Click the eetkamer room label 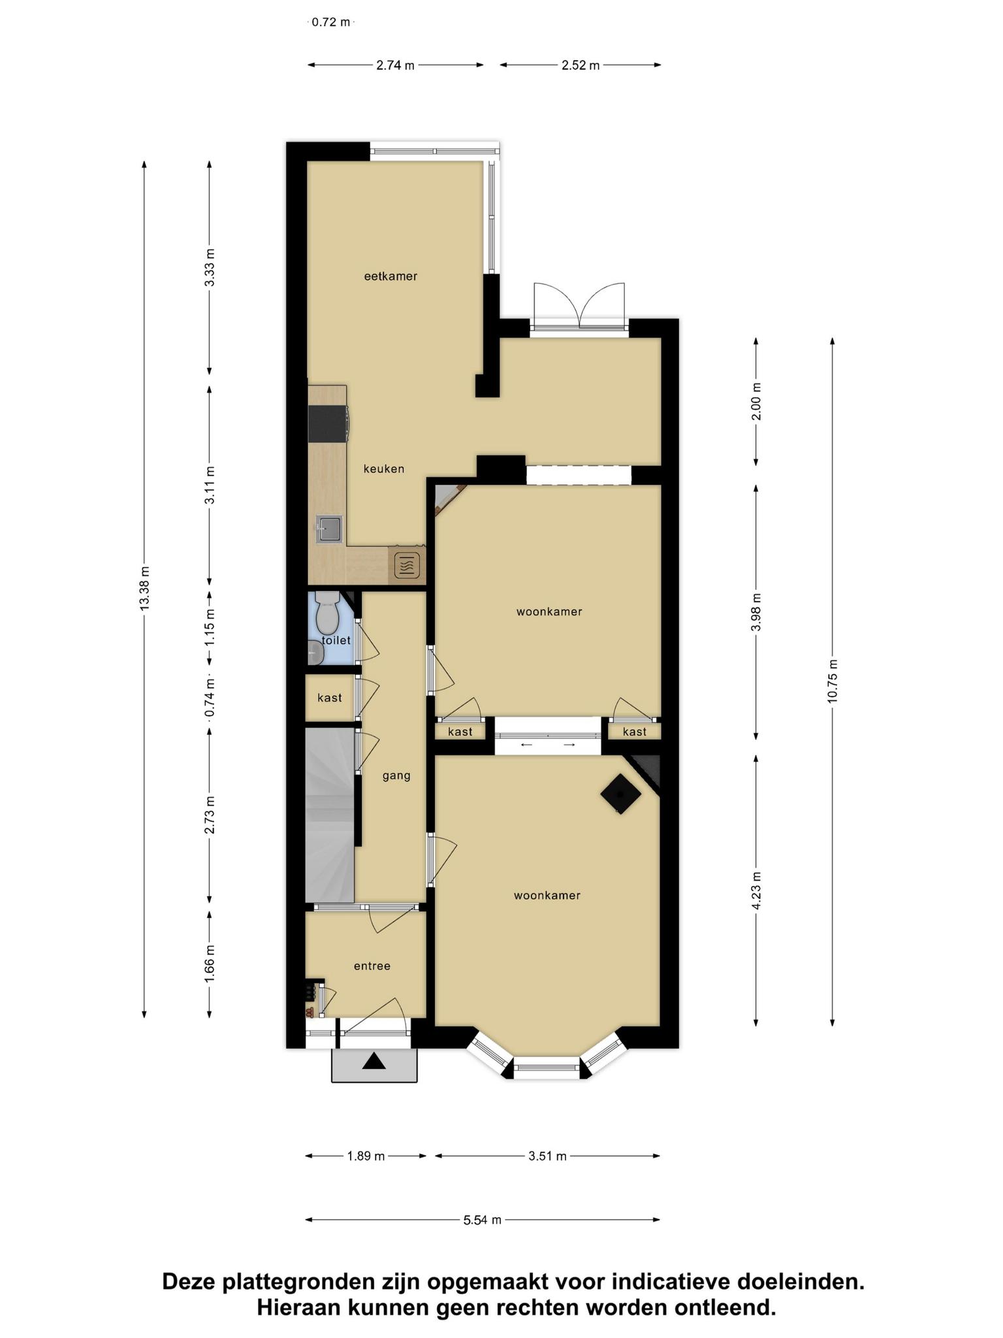390,276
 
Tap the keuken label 384,469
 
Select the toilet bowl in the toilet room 325,612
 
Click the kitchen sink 329,529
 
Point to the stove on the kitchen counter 328,423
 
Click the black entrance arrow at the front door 374,1062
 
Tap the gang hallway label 396,776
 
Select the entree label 372,966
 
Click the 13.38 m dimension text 144,589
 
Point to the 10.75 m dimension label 832,681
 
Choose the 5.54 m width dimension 483,1220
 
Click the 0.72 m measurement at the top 331,22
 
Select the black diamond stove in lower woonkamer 620,794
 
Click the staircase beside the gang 330,815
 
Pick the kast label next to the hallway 330,698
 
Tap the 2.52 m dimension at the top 581,65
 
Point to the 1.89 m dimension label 366,1156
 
